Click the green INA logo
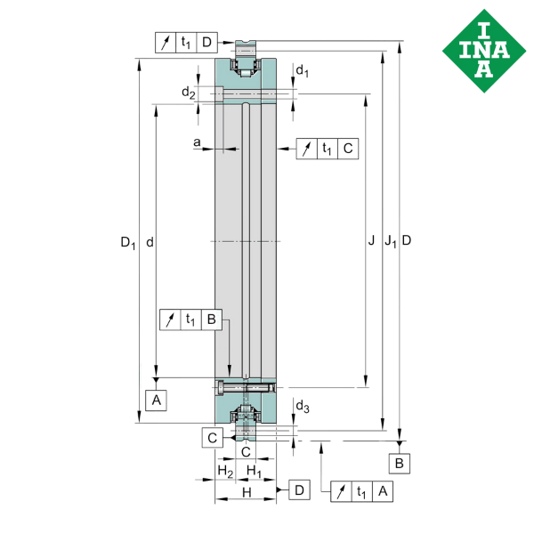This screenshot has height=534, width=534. click(484, 51)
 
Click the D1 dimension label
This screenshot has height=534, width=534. click(128, 243)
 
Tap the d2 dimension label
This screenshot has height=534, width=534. click(189, 93)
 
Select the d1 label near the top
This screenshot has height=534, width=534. click(302, 71)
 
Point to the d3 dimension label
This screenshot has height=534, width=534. click(303, 407)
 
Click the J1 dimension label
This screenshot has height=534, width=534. click(391, 241)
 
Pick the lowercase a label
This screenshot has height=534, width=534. click(197, 142)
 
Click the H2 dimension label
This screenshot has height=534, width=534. click(225, 472)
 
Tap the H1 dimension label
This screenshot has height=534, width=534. click(254, 472)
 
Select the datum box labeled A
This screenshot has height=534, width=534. click(156, 400)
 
